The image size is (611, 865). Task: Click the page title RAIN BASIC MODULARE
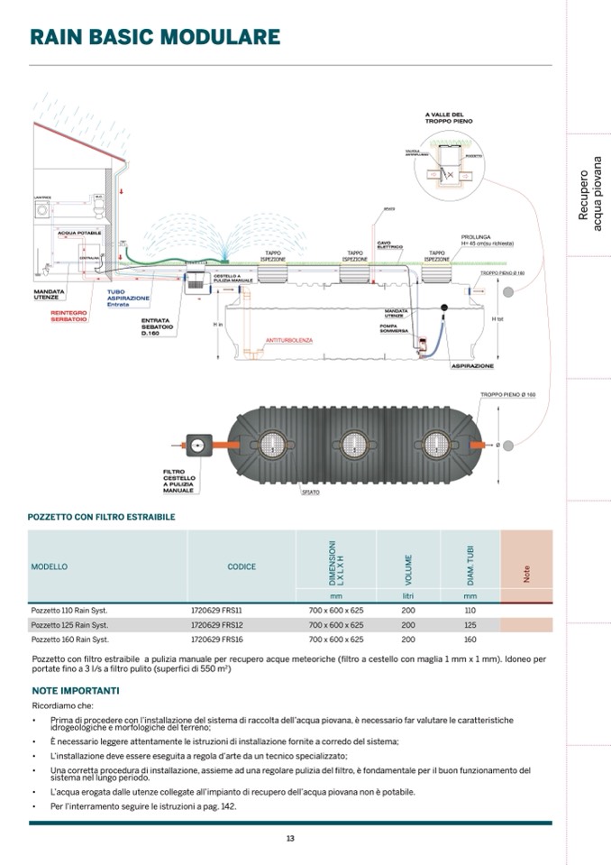pos(154,37)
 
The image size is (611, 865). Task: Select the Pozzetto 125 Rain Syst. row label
pos(69,624)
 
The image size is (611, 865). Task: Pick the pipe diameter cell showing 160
pos(470,639)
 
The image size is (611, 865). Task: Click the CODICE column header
pos(242,567)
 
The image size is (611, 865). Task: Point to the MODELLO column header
pos(50,567)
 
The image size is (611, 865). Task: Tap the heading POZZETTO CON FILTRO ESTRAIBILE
pos(101,517)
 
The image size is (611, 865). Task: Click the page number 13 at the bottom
pos(290,839)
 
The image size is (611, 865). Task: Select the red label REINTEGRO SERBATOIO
pos(69,316)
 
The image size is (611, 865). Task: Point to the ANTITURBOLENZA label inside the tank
pos(289,340)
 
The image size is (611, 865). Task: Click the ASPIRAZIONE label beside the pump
pos(472,366)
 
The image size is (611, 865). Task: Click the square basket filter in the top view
pos(196,444)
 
